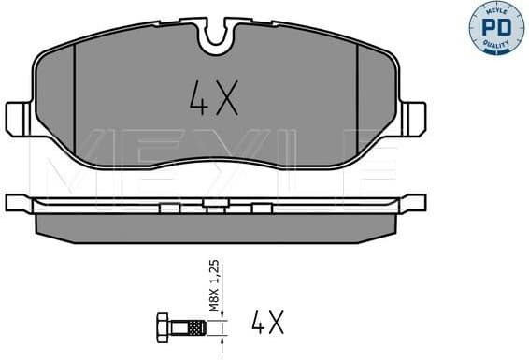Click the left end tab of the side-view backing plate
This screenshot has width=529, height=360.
tap(16, 203)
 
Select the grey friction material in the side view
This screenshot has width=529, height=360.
tap(216, 223)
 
